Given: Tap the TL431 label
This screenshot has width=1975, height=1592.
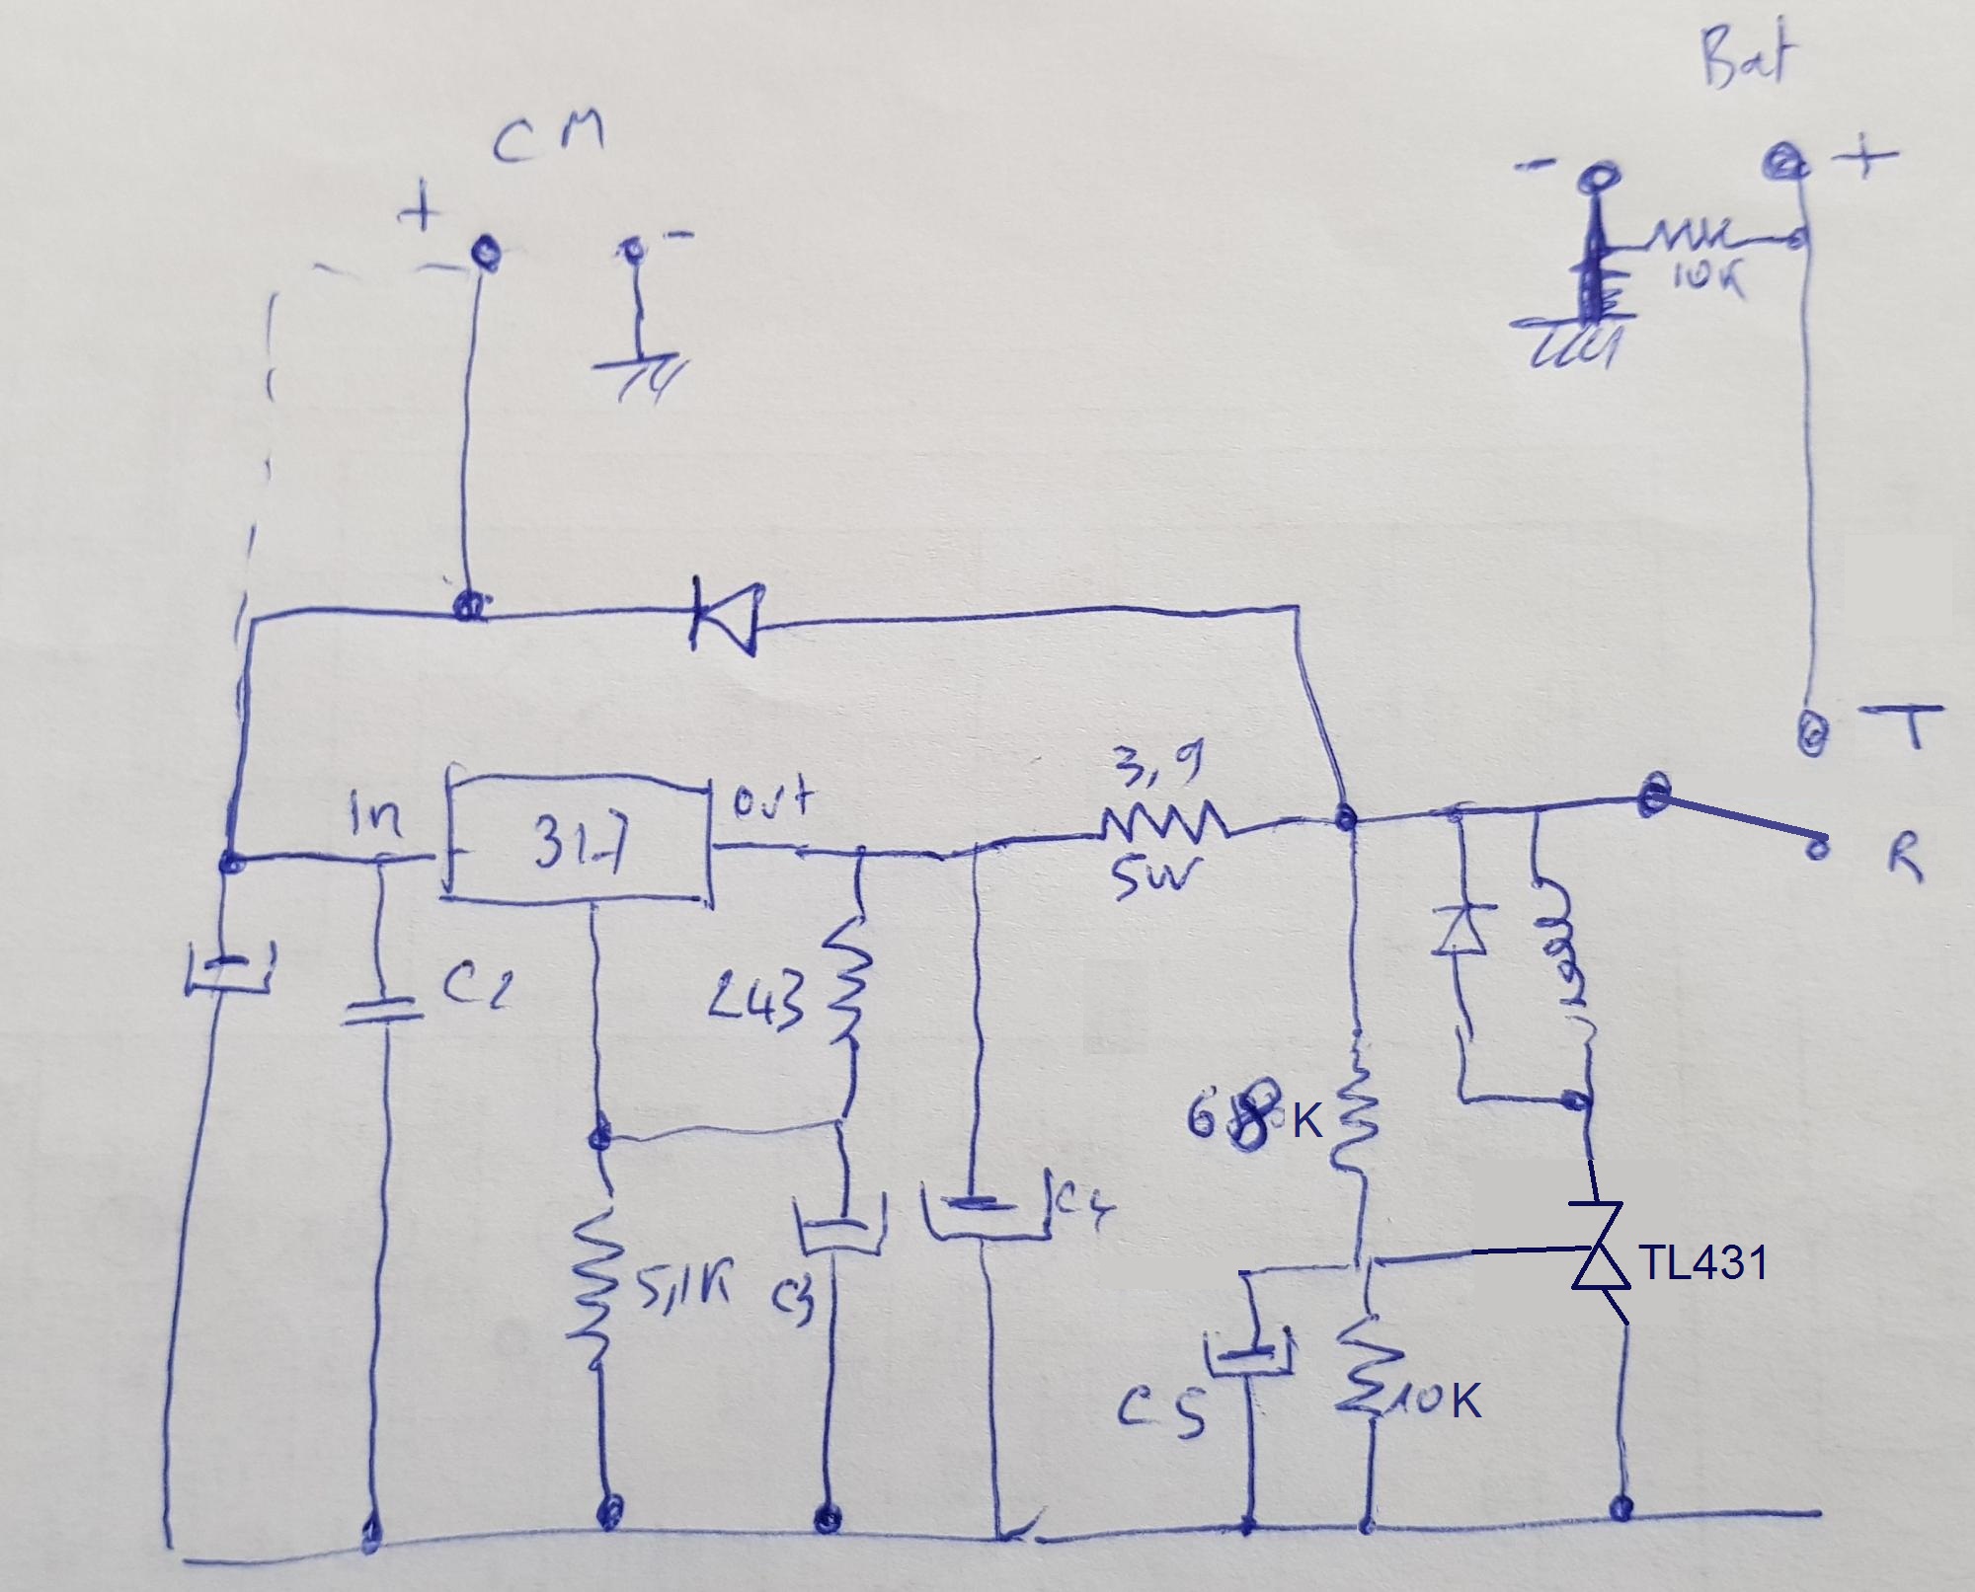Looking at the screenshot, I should (x=1702, y=1263).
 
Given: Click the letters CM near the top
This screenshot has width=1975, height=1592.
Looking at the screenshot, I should (x=549, y=142).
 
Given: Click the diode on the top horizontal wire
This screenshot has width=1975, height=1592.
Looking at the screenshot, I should (x=726, y=618).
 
